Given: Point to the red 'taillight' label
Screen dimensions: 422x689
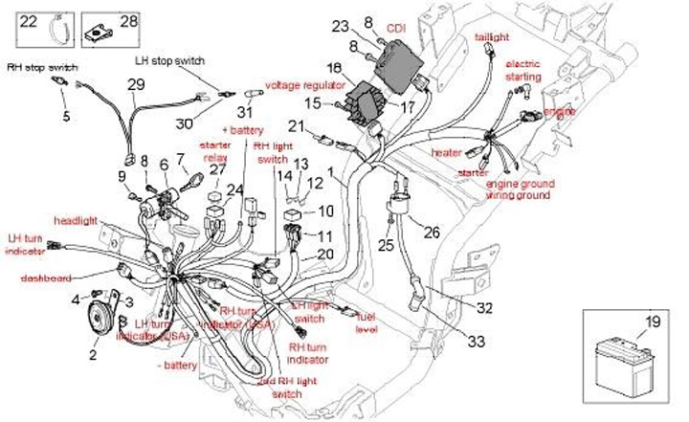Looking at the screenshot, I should point(492,37).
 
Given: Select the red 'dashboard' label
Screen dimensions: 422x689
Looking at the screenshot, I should point(45,278).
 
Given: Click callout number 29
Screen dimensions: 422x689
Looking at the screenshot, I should point(136,85).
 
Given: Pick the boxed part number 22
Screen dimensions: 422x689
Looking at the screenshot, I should point(29,21).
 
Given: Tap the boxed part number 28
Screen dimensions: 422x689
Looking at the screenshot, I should point(128,20).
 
